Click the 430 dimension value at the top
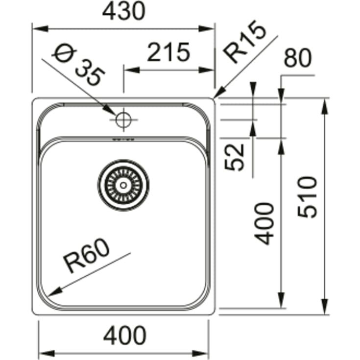(124, 11)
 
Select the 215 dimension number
(169, 52)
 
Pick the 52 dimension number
(234, 157)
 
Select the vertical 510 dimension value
(307, 197)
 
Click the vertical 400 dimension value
(264, 224)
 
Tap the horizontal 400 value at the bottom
(125, 336)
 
